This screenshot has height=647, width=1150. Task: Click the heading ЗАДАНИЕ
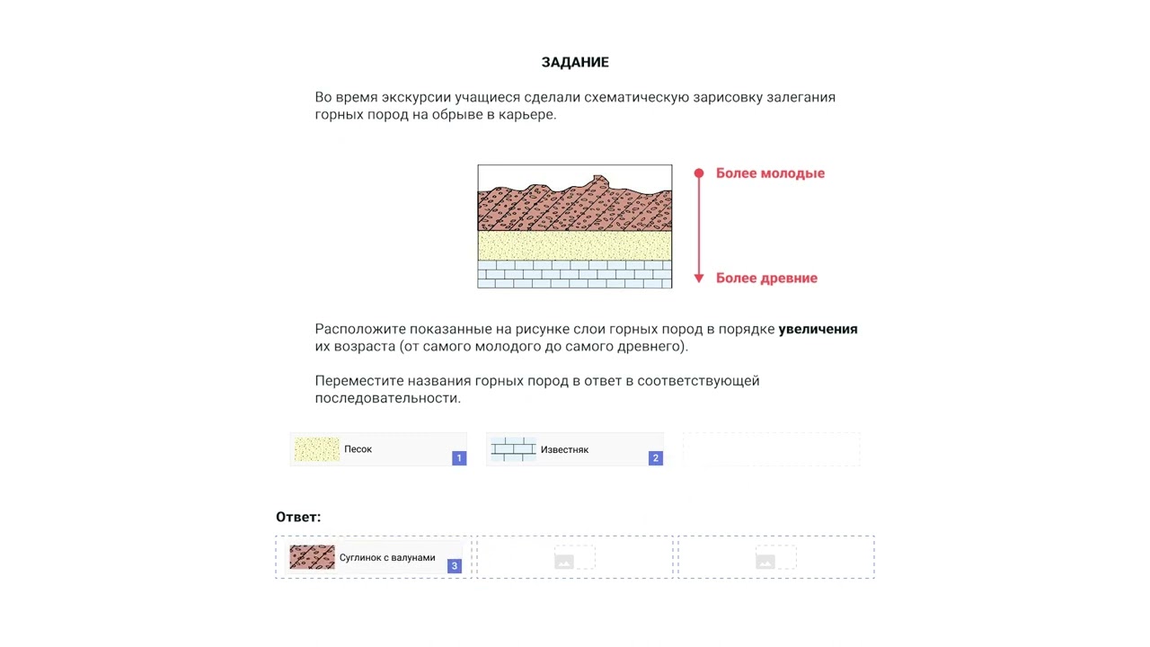point(575,62)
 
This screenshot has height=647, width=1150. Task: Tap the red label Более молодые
point(770,173)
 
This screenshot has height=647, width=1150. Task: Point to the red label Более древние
point(766,279)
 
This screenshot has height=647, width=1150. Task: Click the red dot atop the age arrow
point(699,173)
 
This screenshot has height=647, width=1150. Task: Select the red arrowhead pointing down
point(699,279)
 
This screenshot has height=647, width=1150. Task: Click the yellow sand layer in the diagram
point(574,245)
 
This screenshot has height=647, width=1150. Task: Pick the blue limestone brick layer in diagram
point(574,274)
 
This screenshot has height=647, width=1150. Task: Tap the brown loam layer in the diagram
point(574,211)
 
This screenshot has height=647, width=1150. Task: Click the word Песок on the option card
point(358,449)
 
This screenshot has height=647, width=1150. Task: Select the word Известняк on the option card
point(564,449)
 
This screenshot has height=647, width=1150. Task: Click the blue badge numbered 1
point(459,458)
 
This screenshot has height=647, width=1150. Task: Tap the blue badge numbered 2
point(656,458)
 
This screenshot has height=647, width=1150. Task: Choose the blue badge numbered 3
point(455,566)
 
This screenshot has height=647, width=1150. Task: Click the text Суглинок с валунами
point(387,558)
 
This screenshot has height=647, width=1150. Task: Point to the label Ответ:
point(298,517)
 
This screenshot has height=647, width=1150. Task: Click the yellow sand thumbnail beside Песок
point(317,449)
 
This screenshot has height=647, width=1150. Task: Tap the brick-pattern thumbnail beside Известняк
point(513,449)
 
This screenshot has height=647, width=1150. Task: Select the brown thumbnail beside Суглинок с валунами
point(312,557)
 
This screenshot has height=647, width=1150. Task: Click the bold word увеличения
point(818,329)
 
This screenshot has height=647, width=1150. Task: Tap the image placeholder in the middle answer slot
point(564,562)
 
